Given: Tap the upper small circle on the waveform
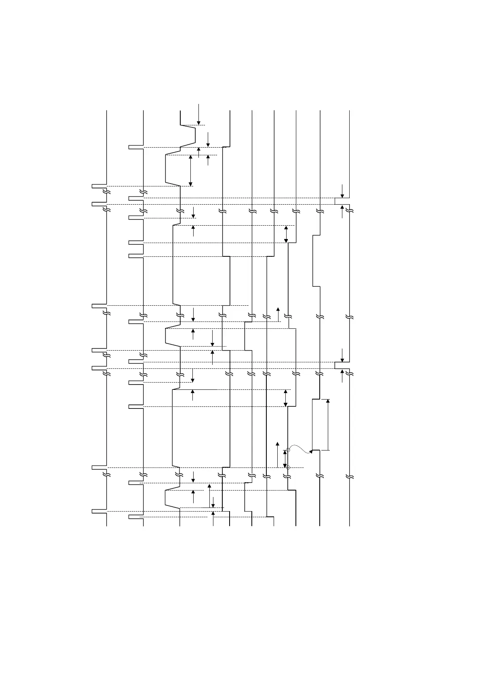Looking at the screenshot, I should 288,450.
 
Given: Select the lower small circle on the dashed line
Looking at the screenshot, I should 288,467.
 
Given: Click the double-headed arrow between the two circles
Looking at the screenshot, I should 285,459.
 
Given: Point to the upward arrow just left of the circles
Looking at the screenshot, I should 277,455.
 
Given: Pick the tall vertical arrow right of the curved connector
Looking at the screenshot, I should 328,425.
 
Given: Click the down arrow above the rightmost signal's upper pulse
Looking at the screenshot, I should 342,191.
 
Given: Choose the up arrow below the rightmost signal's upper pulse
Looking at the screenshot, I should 342,211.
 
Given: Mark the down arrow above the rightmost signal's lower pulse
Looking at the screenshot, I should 342,355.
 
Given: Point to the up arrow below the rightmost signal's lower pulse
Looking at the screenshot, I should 342,376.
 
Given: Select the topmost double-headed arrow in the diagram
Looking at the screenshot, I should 190,170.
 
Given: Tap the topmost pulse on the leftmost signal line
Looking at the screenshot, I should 99,186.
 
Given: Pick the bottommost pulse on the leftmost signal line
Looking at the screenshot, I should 99,512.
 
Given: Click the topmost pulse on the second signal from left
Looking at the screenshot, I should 136,147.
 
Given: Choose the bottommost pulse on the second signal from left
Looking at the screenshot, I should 136,517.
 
